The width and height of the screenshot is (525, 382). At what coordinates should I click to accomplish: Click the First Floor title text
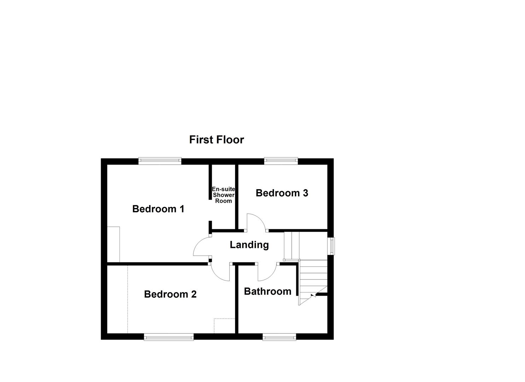(216, 140)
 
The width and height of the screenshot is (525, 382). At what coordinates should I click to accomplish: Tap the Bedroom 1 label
(158, 209)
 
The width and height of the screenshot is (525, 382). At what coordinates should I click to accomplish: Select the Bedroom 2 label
(170, 294)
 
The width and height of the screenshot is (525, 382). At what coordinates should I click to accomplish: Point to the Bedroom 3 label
(282, 193)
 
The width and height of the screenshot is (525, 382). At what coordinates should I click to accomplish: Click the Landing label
(249, 245)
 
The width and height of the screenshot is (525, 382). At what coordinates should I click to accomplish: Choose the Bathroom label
(268, 291)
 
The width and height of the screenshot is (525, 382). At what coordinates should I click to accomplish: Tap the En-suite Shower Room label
(223, 195)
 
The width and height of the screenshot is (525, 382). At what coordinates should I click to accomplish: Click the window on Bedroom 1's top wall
(160, 161)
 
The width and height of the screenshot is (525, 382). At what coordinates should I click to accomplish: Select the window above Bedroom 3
(281, 161)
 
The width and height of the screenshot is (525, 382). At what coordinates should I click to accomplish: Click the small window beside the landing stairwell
(332, 246)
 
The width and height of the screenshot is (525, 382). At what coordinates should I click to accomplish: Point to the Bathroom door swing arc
(267, 273)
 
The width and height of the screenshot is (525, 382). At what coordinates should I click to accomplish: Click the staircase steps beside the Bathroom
(313, 279)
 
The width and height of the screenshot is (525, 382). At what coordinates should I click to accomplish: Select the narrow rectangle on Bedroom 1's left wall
(113, 244)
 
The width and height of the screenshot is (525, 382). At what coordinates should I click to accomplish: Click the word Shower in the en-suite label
(223, 195)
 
